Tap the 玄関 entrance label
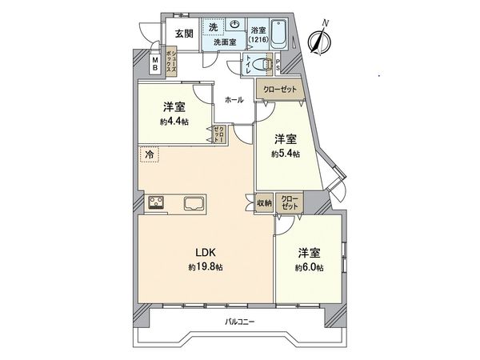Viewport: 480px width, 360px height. point(182,34)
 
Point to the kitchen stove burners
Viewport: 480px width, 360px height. point(154,202)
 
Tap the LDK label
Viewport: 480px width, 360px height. point(200,252)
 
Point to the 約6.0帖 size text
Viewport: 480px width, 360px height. point(309,267)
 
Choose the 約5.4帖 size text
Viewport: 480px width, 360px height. point(285,154)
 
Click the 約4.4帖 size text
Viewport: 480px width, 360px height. point(174,122)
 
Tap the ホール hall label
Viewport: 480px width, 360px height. point(234,100)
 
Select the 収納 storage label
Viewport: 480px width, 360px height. point(264,203)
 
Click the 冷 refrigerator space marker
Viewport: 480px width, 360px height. point(149,152)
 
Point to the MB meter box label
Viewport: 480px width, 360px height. point(155,64)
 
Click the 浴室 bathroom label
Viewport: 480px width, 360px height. point(258,28)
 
